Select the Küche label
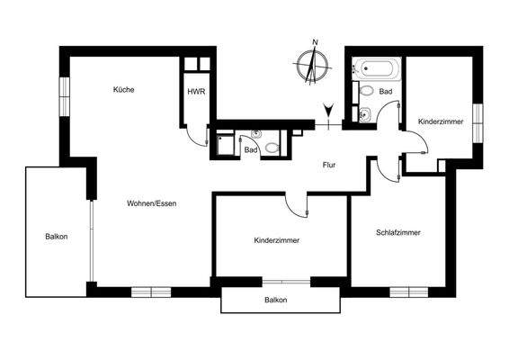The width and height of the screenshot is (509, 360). pos(123,89)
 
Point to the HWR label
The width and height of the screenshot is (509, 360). pos(194,92)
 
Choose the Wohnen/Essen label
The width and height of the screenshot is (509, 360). pos(151,204)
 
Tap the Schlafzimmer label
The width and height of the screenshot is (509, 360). pos(398,232)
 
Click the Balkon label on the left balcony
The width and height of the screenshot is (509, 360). pos(56,237)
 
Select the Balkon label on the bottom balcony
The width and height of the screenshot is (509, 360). pos(275,300)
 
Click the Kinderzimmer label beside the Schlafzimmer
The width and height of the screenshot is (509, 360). pos(276,240)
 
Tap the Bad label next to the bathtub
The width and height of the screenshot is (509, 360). pos(386,92)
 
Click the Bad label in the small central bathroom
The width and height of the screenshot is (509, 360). pos(251,149)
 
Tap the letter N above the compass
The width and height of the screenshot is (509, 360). pos(315,42)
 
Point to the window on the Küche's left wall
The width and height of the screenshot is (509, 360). pos(65,95)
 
